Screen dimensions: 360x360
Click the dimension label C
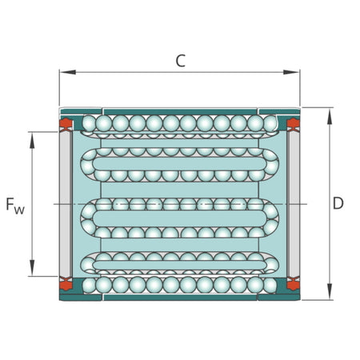180,61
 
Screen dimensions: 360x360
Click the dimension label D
338,203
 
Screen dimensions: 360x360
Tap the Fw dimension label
15,206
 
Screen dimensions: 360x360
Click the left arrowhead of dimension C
67,72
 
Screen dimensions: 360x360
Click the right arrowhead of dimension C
291,72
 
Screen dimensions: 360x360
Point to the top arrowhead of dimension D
330,116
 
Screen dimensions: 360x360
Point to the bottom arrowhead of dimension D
330,291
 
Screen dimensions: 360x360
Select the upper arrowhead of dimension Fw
32,140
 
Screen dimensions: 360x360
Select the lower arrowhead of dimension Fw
32,268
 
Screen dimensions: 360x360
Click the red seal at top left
66,123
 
